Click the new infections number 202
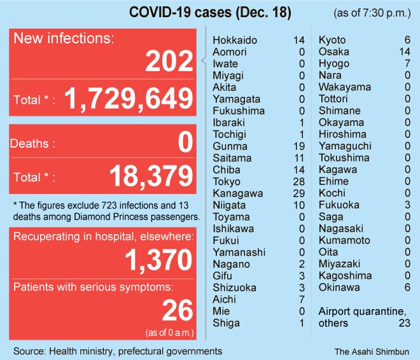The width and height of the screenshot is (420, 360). [x=169, y=62]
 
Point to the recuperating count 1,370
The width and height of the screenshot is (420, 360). [x=159, y=260]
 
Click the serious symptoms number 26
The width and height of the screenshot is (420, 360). [x=178, y=310]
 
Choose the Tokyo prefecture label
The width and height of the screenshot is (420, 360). [x=227, y=181]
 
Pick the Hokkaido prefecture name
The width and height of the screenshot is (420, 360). [x=235, y=40]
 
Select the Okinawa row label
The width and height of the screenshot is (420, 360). [x=339, y=287]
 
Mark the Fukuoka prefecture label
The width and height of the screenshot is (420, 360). [x=339, y=205]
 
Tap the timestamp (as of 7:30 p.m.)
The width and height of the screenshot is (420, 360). [x=372, y=13]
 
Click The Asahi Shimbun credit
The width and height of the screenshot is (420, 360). [x=372, y=350]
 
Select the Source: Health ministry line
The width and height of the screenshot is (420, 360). [x=118, y=350]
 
